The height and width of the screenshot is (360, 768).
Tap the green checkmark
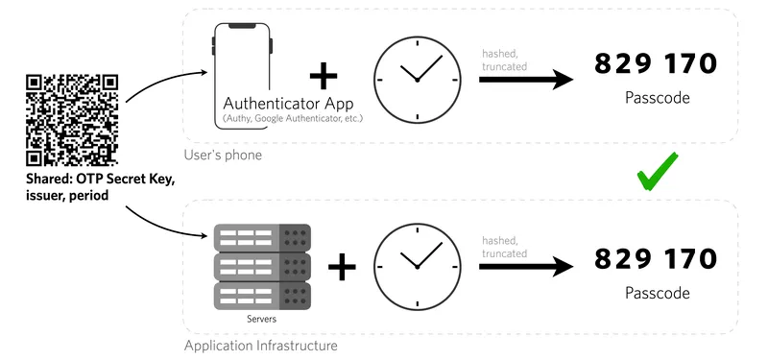[659, 173]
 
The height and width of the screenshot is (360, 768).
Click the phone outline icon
[242, 72]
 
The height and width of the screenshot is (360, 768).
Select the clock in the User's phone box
[417, 79]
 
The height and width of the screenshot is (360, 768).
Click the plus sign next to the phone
[324, 76]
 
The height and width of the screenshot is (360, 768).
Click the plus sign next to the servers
[341, 266]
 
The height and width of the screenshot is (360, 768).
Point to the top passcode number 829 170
[656, 64]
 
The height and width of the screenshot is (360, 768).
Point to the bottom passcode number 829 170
[656, 258]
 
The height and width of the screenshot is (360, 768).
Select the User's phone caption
[223, 156]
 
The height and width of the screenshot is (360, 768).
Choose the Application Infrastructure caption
[260, 345]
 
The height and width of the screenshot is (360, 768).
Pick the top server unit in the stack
[262, 236]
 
